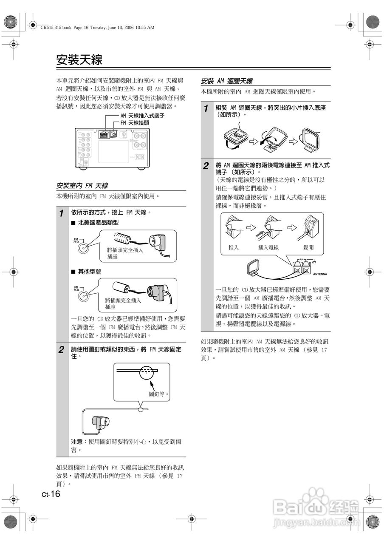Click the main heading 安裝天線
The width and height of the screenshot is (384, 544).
point(79,59)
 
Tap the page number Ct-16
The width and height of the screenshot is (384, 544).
point(51,493)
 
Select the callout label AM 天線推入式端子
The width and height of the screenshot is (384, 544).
point(142,115)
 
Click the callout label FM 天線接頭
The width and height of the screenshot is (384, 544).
point(134,122)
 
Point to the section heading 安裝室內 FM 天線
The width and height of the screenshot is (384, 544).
point(82,186)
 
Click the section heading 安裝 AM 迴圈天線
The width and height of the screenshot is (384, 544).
point(227,81)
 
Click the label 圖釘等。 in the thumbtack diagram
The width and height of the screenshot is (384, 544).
point(159,394)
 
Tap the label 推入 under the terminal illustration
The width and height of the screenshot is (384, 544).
point(234,247)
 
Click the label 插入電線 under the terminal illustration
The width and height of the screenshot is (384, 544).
point(268,247)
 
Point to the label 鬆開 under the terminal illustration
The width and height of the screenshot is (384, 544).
point(308,247)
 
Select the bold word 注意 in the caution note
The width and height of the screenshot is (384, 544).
point(76,442)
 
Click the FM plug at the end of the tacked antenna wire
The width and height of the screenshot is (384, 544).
point(101,422)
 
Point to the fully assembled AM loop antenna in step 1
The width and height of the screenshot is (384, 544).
point(310,139)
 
